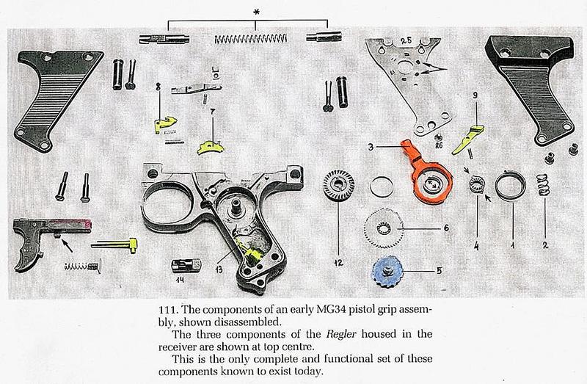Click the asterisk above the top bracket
[x=256, y=12]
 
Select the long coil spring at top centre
[x=251, y=38]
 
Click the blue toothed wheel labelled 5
[x=387, y=272]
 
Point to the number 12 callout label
[x=338, y=263]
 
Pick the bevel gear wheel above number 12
[x=338, y=185]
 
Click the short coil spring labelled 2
[x=543, y=185]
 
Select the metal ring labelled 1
[x=510, y=186]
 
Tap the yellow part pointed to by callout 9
[x=467, y=140]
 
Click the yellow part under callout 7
[x=210, y=148]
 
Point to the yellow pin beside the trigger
[x=114, y=245]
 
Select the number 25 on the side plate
[x=406, y=40]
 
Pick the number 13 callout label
[x=219, y=269]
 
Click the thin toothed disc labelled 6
[x=384, y=228]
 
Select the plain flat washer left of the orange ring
[x=382, y=186]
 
